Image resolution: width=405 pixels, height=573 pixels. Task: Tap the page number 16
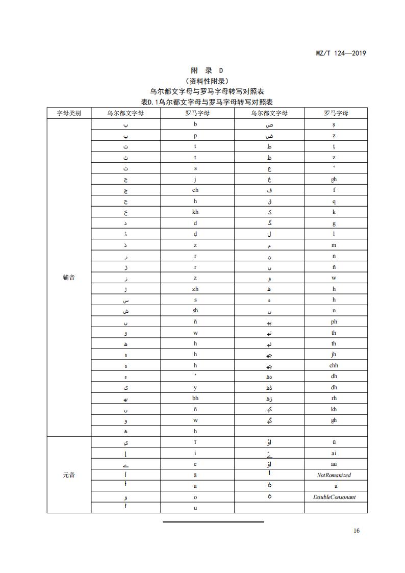(x=356, y=531)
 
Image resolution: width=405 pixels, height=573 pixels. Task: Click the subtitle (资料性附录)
(x=207, y=81)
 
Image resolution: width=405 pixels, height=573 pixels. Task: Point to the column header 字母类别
(x=69, y=113)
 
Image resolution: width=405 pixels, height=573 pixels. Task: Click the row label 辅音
(x=69, y=278)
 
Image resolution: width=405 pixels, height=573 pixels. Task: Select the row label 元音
(x=69, y=475)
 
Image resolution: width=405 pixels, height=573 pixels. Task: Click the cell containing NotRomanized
(x=334, y=475)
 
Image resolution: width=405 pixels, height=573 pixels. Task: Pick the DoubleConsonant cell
(x=334, y=497)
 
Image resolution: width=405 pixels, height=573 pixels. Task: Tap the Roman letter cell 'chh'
(x=334, y=365)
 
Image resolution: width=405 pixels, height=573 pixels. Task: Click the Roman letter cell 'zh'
(x=195, y=289)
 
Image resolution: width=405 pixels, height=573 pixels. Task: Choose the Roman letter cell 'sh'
(x=195, y=311)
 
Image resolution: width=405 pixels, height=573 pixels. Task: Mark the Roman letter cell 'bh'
(x=195, y=398)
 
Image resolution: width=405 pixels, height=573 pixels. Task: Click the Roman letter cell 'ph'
(x=334, y=322)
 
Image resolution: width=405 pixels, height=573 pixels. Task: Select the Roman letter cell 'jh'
(x=334, y=354)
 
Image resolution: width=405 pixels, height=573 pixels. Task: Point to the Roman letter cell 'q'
(x=334, y=201)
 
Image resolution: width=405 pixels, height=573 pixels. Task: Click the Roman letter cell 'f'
(x=334, y=190)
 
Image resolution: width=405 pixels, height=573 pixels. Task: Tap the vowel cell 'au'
(x=334, y=464)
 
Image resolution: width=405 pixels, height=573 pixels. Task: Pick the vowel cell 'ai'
(x=334, y=453)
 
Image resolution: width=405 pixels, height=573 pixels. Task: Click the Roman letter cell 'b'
(x=195, y=124)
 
